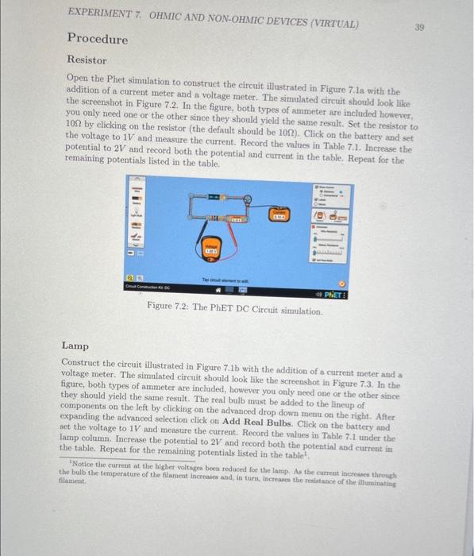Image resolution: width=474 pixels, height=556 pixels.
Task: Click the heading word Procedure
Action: (x=97, y=39)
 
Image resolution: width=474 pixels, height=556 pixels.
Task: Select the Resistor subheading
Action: (x=86, y=60)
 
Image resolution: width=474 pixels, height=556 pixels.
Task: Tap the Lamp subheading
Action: (x=76, y=346)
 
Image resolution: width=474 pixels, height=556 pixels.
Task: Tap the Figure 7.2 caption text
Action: (x=235, y=311)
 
